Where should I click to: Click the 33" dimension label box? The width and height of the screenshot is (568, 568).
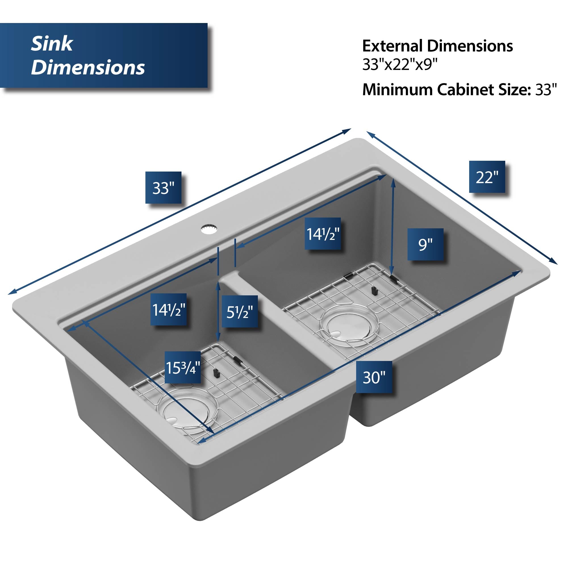(163, 187)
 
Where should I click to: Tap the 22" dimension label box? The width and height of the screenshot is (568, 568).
(487, 177)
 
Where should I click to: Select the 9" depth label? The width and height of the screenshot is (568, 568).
(425, 244)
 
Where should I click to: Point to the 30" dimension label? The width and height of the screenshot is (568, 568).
(374, 377)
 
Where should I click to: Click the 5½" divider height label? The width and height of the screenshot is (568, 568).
(239, 312)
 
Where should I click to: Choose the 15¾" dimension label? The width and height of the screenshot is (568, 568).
(183, 367)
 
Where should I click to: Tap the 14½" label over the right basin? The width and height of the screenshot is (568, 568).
(323, 234)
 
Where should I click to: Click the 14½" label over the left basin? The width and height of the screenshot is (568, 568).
(168, 309)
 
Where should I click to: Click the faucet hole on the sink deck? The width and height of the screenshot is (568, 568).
(209, 228)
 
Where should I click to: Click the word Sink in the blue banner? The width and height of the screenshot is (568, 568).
(52, 44)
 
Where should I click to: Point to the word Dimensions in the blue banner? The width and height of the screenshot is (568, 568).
(87, 67)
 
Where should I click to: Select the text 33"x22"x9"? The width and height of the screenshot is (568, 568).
(400, 64)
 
